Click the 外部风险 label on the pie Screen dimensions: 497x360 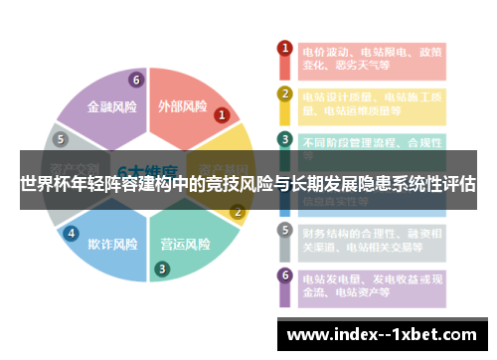182,105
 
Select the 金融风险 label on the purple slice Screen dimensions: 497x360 113,105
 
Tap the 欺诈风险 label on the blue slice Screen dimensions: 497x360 112,243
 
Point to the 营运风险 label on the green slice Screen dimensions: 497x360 185,243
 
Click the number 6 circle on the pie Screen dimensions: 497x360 135,80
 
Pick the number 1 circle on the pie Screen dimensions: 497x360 222,115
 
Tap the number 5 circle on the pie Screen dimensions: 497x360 61,139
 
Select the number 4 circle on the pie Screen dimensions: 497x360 71,233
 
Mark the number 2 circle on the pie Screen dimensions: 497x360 237,211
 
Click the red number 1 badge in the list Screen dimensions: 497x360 285,48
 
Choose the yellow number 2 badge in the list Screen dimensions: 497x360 285,93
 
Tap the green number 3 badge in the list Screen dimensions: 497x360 285,139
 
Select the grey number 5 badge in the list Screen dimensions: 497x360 285,230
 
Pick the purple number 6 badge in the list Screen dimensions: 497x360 285,275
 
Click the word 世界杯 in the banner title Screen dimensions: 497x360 44,184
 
